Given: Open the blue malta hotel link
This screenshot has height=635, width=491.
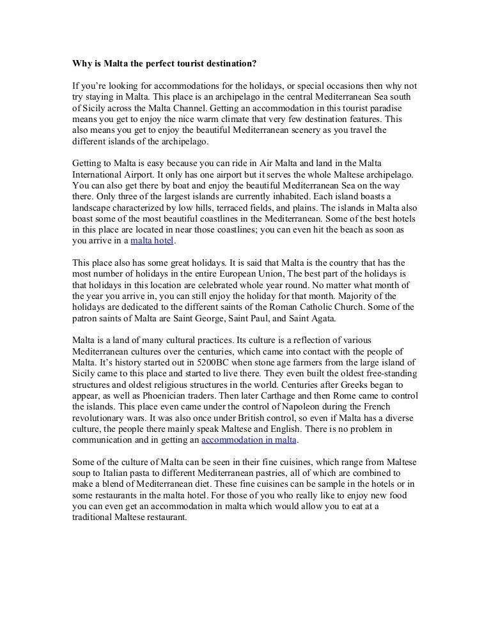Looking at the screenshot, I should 152,241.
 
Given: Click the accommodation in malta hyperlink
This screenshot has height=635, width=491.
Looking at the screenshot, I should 250,440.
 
